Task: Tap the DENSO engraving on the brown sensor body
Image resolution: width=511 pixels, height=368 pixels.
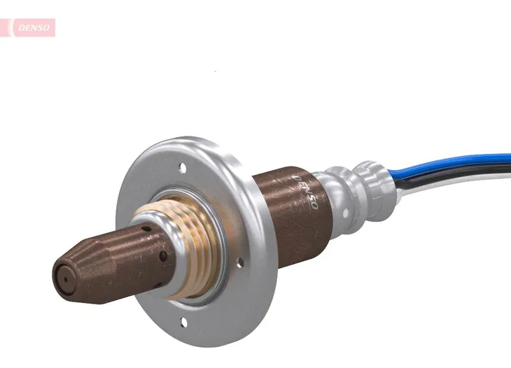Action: click(x=306, y=193)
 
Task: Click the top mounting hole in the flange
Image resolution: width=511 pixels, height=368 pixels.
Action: click(x=183, y=168)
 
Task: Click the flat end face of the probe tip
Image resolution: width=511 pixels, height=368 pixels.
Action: click(x=64, y=277)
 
